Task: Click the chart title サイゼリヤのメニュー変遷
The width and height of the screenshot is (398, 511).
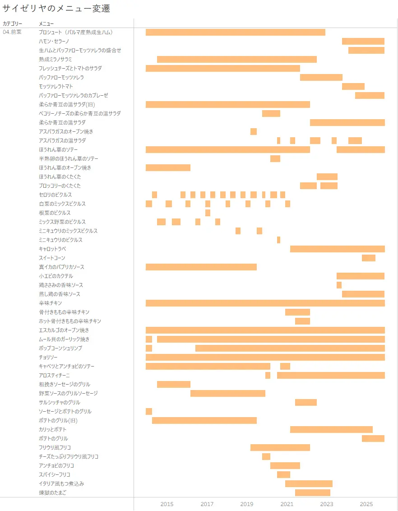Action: [x=56, y=8]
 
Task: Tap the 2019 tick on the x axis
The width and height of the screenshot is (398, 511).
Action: [x=247, y=504]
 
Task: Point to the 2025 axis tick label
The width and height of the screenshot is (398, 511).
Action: [x=366, y=504]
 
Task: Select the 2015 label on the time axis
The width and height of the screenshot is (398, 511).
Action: [x=167, y=504]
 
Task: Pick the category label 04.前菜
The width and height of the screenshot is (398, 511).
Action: [x=12, y=32]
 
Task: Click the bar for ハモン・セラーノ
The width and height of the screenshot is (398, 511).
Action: [x=363, y=41]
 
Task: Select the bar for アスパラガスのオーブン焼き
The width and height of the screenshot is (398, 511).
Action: [x=254, y=131]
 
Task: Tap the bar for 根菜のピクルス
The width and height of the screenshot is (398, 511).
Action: [x=208, y=213]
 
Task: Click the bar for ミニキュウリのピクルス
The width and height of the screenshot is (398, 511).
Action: [x=278, y=240]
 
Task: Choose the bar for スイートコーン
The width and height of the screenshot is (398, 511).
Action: [x=368, y=258]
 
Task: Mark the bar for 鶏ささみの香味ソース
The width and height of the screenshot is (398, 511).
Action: [x=339, y=285]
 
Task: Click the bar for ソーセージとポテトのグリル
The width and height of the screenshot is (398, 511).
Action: [x=149, y=411]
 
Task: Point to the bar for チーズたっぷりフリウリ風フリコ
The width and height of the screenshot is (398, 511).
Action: [x=266, y=456]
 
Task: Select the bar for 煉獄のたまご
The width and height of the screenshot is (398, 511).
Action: [x=312, y=492]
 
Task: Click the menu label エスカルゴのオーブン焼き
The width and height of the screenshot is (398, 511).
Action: [x=64, y=330]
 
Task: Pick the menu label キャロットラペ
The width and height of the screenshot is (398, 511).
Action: [x=53, y=249]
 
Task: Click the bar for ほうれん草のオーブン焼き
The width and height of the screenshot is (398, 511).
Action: [x=168, y=167]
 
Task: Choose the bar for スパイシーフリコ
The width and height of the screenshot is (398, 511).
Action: [x=283, y=474]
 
